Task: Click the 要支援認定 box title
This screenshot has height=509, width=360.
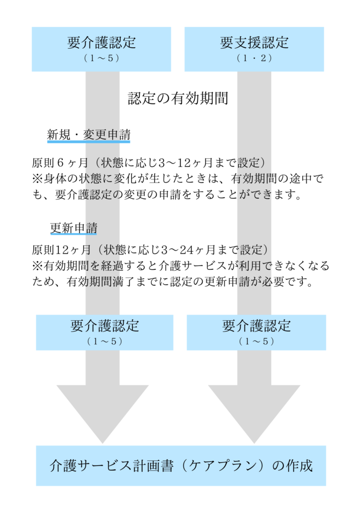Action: [254, 43]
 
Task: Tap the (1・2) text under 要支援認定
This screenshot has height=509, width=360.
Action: [254, 58]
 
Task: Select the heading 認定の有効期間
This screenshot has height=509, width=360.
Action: [178, 98]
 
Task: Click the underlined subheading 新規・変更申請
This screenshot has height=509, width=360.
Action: [89, 134]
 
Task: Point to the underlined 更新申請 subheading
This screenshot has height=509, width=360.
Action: [74, 228]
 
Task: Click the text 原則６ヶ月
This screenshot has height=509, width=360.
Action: [60, 163]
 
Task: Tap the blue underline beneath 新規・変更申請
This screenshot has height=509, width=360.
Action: [89, 142]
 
